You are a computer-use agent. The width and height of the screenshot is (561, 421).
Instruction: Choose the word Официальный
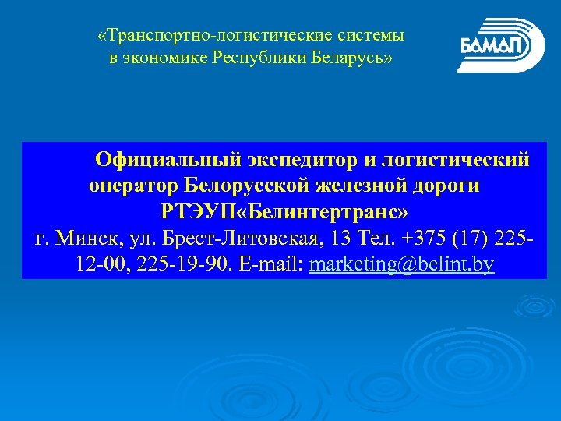coord(166,160)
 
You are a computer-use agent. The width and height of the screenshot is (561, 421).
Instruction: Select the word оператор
coord(135,186)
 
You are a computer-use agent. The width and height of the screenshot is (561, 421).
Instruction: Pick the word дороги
coord(451,186)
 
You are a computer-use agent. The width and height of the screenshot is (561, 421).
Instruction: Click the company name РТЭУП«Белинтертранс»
coord(285,212)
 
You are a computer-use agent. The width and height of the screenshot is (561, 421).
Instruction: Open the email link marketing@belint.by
coord(401,265)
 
